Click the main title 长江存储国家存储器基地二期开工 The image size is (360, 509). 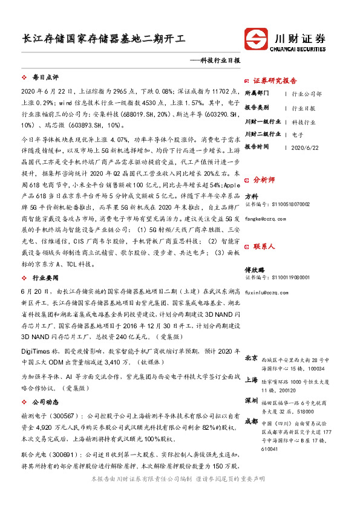[103, 39]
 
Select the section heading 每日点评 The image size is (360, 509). [45, 78]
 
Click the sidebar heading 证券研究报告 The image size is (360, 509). [275, 80]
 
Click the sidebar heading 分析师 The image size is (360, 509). [264, 180]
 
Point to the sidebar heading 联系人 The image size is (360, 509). [264, 247]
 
